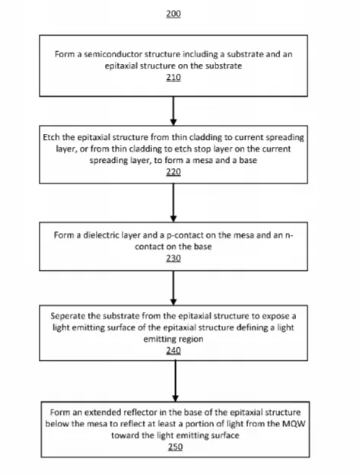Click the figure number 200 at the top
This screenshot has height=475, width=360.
174,14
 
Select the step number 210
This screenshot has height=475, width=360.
174,77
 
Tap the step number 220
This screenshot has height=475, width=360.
174,172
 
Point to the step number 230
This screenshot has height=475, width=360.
174,258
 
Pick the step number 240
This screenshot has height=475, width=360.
174,350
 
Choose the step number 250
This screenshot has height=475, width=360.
175,447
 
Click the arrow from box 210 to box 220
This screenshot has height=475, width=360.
174,111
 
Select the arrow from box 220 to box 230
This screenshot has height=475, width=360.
174,202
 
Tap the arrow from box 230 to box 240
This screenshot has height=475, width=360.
174,288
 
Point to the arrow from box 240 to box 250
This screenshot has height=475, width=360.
175,381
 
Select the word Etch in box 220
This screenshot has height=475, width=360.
51,138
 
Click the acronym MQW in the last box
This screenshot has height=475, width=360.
293,423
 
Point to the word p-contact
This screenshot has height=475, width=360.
185,235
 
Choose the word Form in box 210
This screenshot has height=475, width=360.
63,54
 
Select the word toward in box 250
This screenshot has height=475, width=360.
123,435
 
